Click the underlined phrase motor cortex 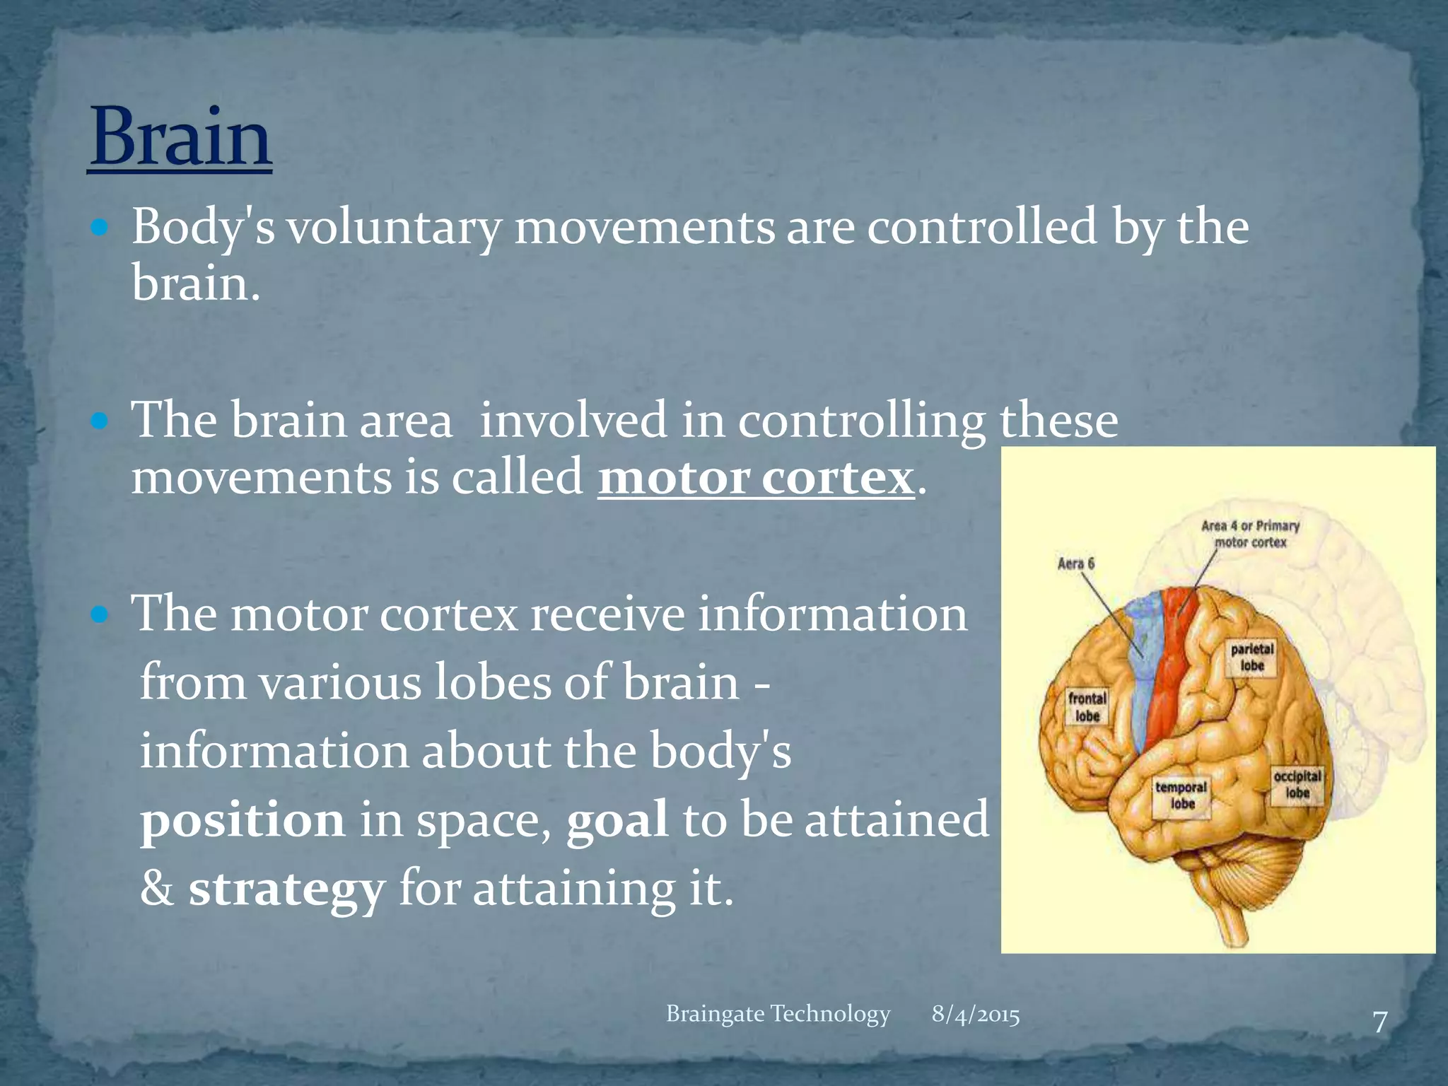tap(756, 478)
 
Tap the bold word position tap(243, 820)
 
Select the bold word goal tap(617, 820)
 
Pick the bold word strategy tap(286, 889)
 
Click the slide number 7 tap(1379, 1022)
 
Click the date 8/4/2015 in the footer tap(975, 1015)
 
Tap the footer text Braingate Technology tap(778, 1014)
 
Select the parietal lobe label tap(1251, 657)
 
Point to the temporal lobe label tap(1181, 795)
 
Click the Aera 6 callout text tap(1075, 564)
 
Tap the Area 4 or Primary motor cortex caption tap(1250, 534)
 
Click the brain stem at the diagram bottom tap(1234, 919)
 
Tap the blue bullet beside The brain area tap(100, 422)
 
